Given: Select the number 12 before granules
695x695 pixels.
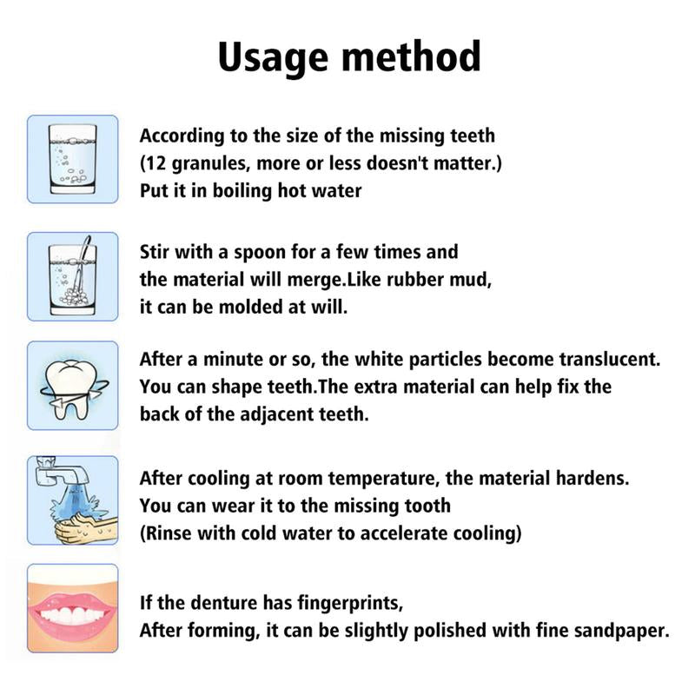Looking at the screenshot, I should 158,163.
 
